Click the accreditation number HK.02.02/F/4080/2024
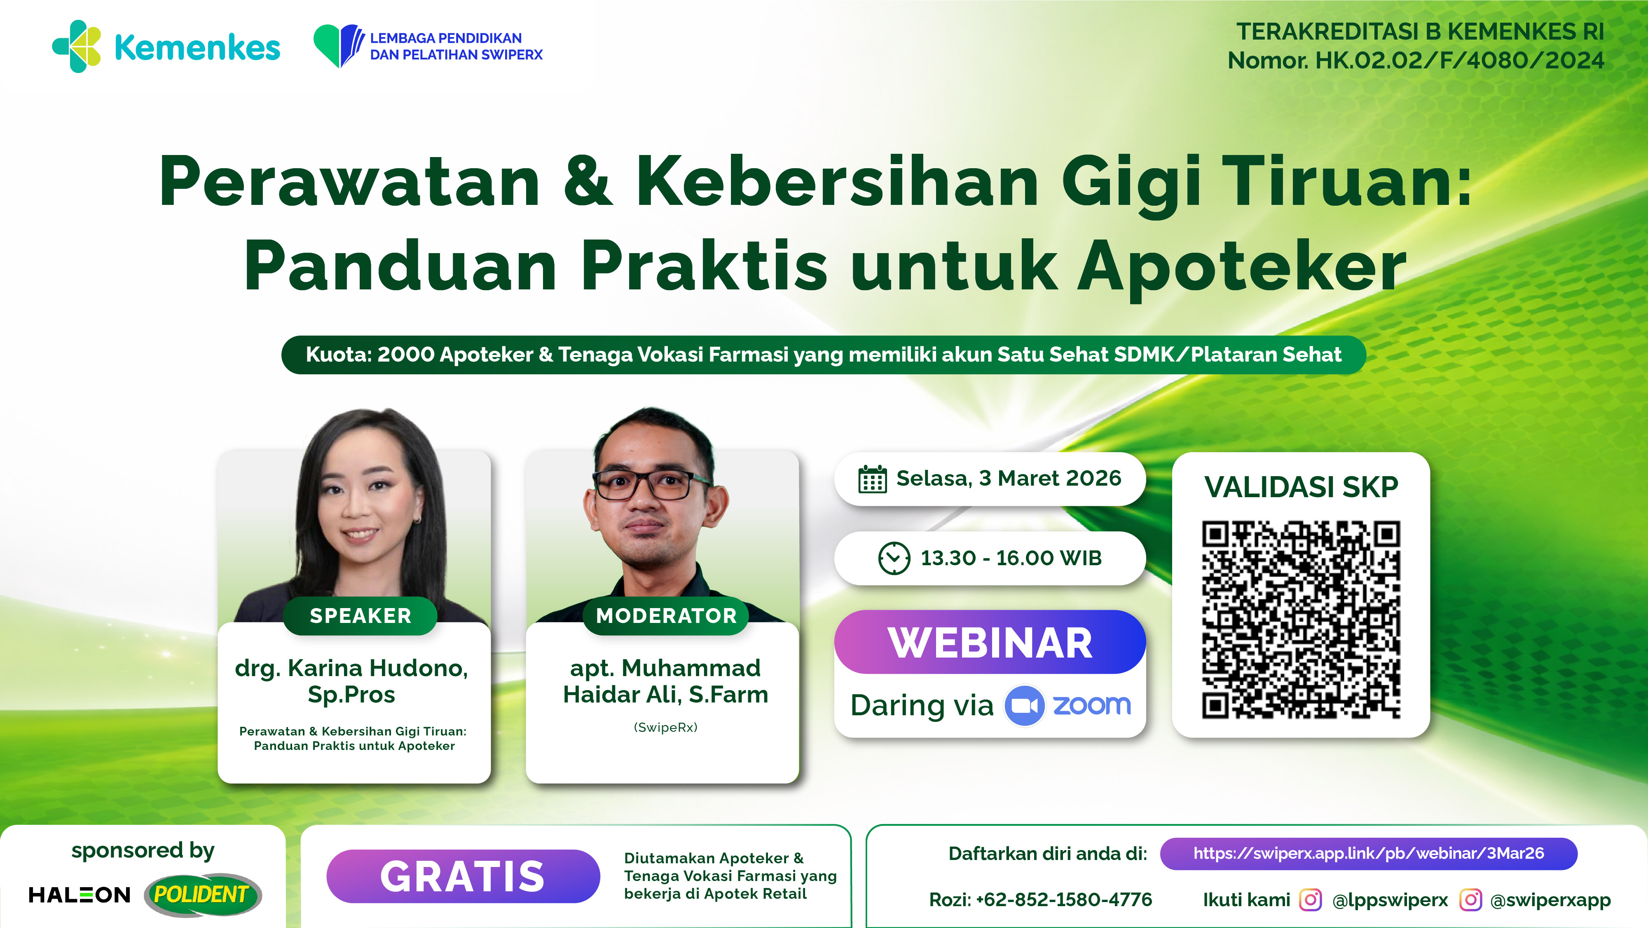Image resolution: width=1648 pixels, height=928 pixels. pos(1458,61)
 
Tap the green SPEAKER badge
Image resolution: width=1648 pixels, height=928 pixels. pos(360,616)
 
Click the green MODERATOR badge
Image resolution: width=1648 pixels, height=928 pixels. pos(666,616)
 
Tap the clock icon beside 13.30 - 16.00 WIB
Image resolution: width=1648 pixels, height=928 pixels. pos(894,558)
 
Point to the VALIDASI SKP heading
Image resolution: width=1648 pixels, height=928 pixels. pos(1301,487)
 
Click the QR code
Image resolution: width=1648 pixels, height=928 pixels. pos(1301,620)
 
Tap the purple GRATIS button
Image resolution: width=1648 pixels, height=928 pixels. pos(463,876)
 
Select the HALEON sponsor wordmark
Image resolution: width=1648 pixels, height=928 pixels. pos(80,895)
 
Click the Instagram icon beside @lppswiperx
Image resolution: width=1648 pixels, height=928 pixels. pos(1310,900)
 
